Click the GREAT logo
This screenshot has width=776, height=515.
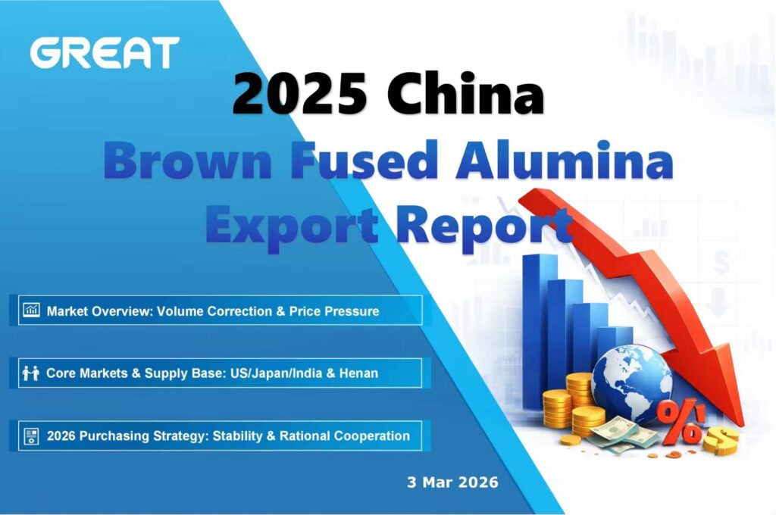[x=105, y=52]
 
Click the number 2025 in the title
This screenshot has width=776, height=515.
[x=300, y=93]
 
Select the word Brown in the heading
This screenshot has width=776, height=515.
[x=188, y=161]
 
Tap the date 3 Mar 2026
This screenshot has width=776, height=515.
[x=452, y=482]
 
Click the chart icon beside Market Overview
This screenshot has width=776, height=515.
[x=32, y=311]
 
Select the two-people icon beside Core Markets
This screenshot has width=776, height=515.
[x=30, y=373]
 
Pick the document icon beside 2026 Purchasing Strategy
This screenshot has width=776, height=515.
[x=31, y=436]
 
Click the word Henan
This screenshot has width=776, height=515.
[x=358, y=373]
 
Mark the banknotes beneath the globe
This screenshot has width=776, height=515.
[x=621, y=435]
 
